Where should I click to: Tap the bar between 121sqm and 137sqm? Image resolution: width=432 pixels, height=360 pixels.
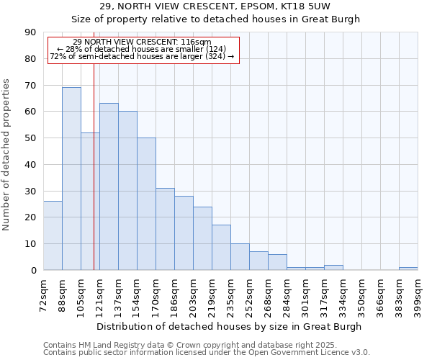(x=109, y=186)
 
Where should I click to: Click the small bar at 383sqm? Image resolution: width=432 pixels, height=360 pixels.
(x=408, y=269)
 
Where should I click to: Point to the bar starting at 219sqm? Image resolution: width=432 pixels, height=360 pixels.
(x=221, y=248)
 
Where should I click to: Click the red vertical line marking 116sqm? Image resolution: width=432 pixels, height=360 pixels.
(x=94, y=180)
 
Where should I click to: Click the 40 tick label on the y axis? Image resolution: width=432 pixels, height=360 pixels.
(x=30, y=165)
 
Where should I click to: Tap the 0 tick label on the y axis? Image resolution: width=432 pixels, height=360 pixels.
(x=33, y=271)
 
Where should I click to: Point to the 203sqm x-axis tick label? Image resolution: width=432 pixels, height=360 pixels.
(x=193, y=294)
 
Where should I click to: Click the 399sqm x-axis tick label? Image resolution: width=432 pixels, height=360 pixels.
(x=418, y=294)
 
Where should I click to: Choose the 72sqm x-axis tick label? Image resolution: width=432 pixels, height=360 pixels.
(x=43, y=294)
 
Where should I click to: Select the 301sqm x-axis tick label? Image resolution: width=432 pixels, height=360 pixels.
(x=305, y=294)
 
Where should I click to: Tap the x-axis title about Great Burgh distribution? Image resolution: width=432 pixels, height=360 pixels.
(x=230, y=326)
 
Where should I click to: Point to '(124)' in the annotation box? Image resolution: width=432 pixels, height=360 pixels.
(x=214, y=49)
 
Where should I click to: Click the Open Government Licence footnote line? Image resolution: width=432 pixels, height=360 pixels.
(x=207, y=352)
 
